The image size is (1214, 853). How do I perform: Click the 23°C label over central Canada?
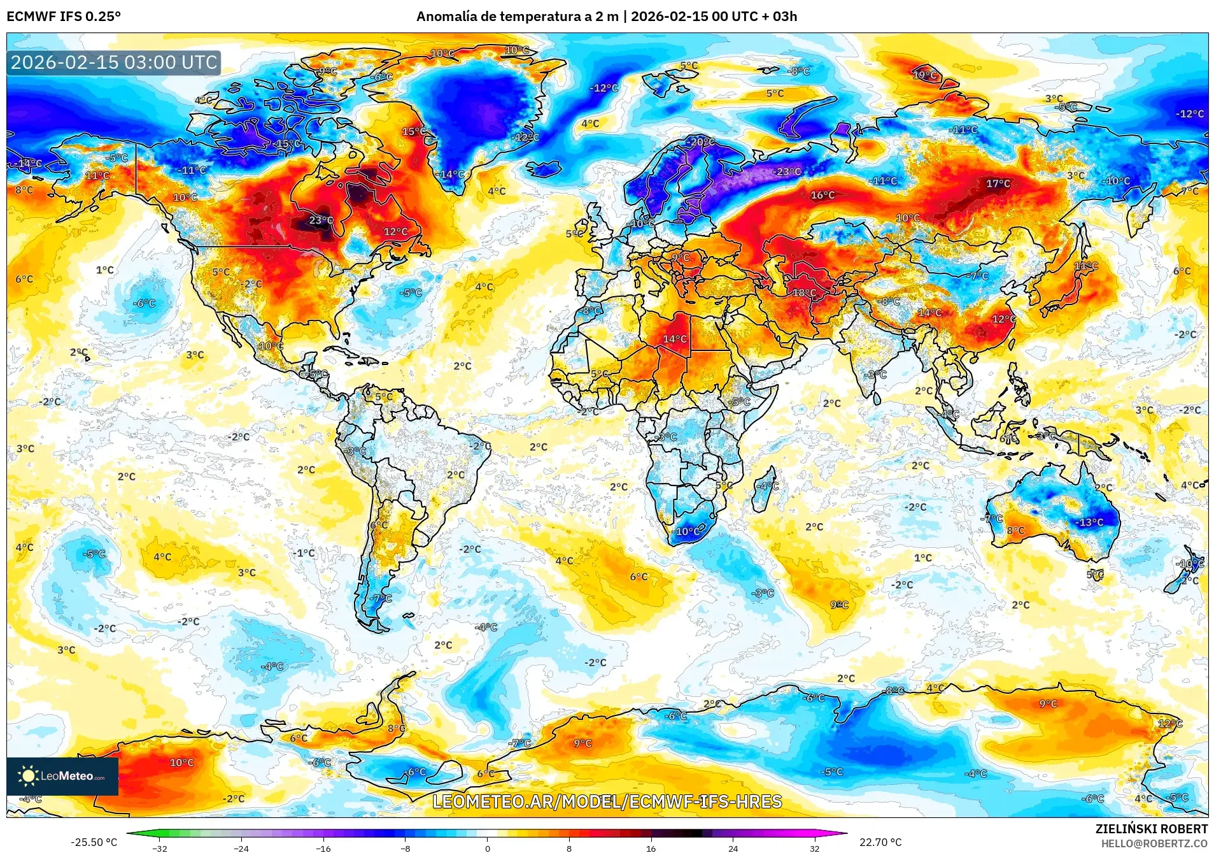(321, 220)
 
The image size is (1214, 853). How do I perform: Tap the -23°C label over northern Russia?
(787, 172)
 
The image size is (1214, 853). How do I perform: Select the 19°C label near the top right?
(925, 75)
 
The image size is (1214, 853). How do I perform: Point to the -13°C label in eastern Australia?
(1090, 522)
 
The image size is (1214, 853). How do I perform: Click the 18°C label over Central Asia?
(804, 293)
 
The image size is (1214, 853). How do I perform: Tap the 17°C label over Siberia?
(998, 183)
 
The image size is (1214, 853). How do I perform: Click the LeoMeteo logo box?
(62, 776)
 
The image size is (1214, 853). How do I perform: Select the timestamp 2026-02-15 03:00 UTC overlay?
(114, 62)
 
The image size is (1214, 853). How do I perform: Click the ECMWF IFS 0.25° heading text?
(64, 17)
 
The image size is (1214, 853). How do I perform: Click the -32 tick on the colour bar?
(160, 849)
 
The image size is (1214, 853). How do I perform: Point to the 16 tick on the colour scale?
(651, 849)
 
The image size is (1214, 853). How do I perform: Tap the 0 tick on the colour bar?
(488, 849)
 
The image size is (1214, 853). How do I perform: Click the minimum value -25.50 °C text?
(94, 842)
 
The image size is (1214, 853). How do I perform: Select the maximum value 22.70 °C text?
(880, 842)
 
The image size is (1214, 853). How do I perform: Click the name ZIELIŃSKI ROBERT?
(1151, 829)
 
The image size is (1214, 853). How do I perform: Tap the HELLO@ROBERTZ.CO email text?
(1154, 843)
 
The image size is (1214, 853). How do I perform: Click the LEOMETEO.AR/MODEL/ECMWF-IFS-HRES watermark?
(607, 801)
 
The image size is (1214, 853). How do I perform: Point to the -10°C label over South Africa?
(687, 531)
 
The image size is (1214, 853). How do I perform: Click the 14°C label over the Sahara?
(675, 339)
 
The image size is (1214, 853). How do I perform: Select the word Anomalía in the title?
(446, 17)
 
